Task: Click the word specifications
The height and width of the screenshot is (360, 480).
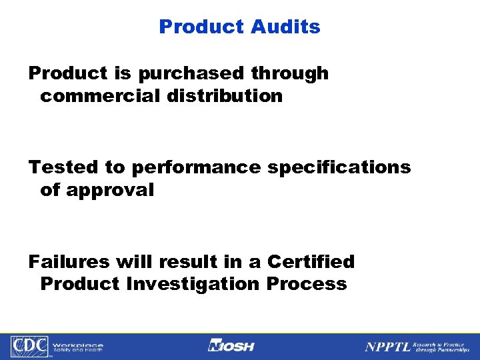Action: (x=339, y=167)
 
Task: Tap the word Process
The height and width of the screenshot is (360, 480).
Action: (x=307, y=284)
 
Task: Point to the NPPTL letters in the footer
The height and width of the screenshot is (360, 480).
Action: (x=387, y=347)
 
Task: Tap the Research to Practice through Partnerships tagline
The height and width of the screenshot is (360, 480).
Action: (x=441, y=346)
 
